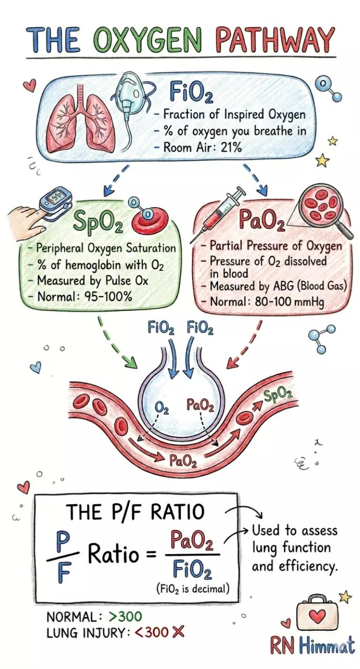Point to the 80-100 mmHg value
290,302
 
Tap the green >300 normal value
125,616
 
